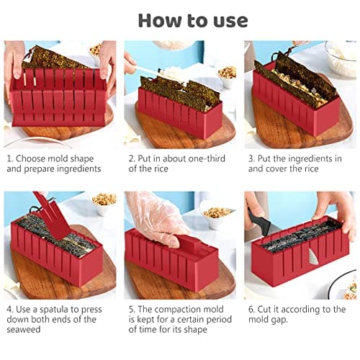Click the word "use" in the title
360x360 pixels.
point(224,19)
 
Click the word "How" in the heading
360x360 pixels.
point(160,19)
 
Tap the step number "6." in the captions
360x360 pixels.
point(253,310)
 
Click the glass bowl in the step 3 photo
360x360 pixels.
point(340,58)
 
